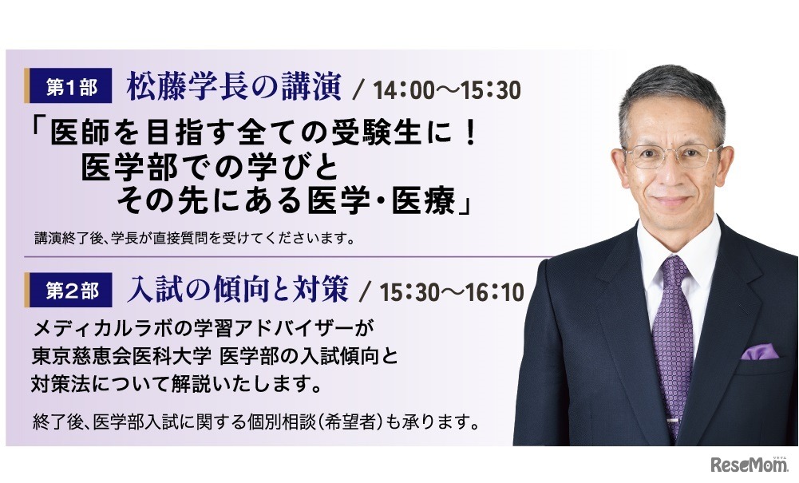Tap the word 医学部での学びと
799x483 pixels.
(x=207, y=167)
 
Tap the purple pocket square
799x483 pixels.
(x=757, y=351)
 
